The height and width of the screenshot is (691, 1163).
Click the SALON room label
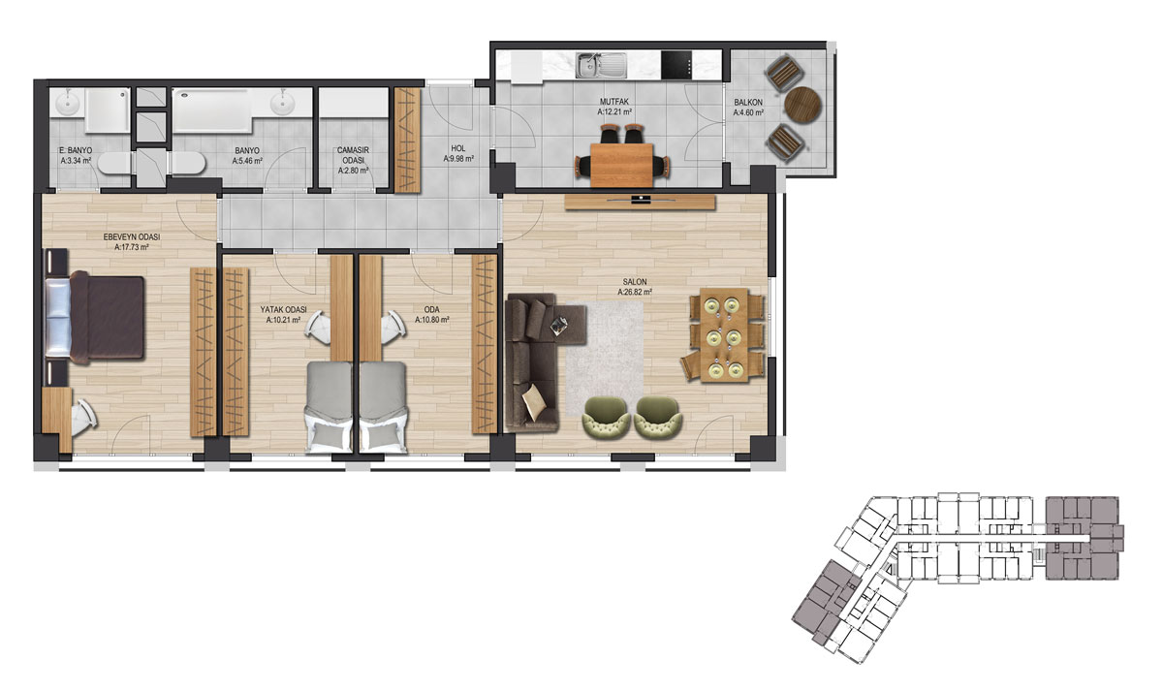(635, 282)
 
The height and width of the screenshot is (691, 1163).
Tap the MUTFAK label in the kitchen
(614, 102)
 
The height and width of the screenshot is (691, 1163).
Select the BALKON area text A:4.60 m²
(748, 112)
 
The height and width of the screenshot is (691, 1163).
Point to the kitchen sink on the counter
(602, 65)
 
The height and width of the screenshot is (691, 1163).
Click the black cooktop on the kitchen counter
(677, 65)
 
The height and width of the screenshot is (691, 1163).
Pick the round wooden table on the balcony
(803, 104)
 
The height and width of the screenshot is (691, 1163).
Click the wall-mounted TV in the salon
(641, 199)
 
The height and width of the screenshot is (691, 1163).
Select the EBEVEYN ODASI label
(132, 236)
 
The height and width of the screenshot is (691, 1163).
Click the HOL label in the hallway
(457, 148)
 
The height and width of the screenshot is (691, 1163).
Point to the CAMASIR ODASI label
(353, 155)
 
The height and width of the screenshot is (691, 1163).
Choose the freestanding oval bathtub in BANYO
(188, 163)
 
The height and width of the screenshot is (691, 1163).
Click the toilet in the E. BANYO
(113, 163)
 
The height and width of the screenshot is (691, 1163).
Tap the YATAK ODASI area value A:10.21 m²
(283, 321)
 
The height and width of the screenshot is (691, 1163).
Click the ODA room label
(432, 310)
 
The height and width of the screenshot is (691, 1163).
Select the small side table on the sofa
(559, 325)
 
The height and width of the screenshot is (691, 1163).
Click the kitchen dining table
(621, 165)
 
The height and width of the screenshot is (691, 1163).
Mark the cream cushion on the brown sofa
(535, 402)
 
